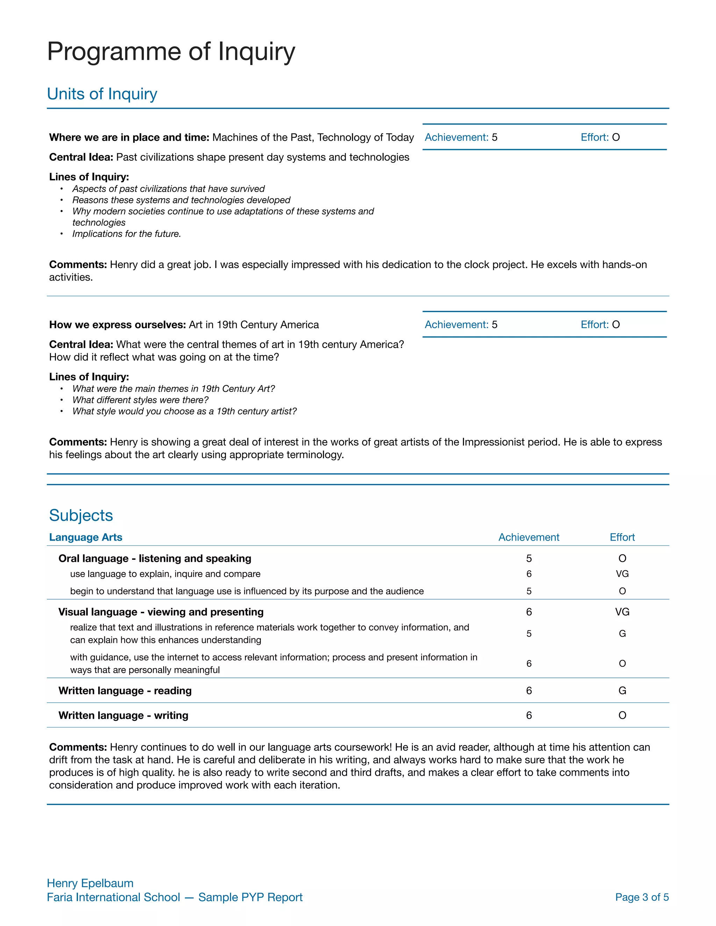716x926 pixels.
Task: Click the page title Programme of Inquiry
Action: coord(171,52)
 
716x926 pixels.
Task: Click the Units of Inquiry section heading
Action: coord(102,94)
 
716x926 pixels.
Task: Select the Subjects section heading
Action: coord(81,515)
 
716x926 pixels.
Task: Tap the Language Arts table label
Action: coord(86,537)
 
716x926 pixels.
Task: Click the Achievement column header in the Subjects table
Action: coord(529,537)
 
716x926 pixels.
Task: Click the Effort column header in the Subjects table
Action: coord(622,537)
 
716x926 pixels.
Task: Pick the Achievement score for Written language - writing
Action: coord(529,715)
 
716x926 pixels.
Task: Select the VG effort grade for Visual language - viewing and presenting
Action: coord(622,612)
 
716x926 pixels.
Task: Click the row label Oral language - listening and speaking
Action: coord(155,558)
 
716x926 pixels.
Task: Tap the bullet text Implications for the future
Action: coord(127,234)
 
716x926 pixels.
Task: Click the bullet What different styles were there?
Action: coord(141,400)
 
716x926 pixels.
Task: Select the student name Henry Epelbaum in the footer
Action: coord(90,883)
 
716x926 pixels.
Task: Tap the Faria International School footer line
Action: coord(174,897)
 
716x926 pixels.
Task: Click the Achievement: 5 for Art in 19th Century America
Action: coord(461,324)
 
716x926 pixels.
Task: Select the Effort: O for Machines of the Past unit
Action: coord(600,137)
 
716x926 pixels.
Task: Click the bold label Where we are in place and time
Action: coord(129,137)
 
